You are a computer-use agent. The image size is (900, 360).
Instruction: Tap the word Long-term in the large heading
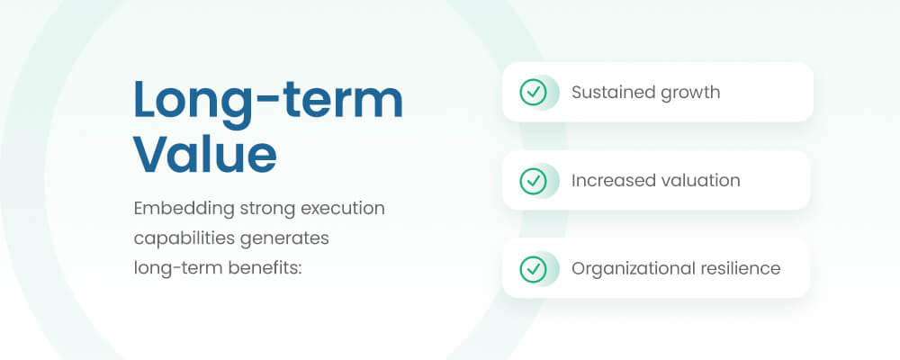[268, 101]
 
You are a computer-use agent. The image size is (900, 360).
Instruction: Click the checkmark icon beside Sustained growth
[533, 92]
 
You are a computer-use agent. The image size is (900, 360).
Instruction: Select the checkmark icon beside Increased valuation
[533, 180]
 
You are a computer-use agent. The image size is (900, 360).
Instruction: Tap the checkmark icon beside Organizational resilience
[533, 268]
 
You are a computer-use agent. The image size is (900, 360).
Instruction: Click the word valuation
[697, 180]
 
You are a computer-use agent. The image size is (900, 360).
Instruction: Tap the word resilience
[739, 268]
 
